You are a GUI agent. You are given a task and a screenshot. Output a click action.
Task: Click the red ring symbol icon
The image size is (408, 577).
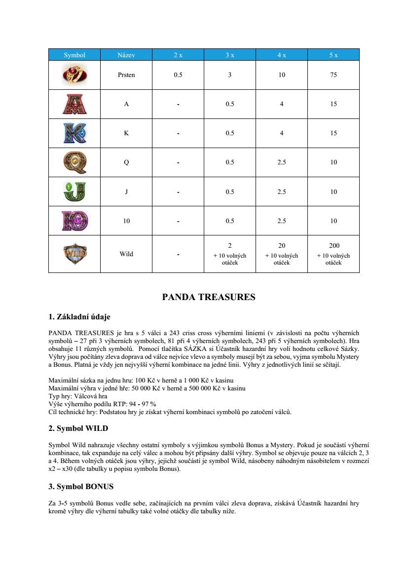point(74,75)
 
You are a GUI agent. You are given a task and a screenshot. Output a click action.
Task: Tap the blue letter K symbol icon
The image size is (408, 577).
point(74,133)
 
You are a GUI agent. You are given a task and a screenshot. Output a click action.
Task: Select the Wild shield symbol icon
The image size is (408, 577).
point(74,254)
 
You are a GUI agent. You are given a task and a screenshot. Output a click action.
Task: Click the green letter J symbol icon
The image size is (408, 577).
point(74,192)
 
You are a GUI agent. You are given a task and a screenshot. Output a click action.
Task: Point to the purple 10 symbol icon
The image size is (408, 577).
point(74,221)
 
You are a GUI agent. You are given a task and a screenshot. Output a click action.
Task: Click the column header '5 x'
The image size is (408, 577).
point(334,55)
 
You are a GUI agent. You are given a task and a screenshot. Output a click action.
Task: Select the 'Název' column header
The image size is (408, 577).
point(126,55)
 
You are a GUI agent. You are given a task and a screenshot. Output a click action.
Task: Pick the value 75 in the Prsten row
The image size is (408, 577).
point(334,75)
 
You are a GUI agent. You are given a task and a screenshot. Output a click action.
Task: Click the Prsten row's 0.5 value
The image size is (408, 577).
point(178,75)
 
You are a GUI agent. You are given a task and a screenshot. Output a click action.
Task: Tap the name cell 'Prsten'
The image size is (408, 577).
point(126,75)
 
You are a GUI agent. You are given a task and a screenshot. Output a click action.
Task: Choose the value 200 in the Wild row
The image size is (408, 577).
point(334,245)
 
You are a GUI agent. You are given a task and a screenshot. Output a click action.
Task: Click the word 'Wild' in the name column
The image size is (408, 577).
point(126,254)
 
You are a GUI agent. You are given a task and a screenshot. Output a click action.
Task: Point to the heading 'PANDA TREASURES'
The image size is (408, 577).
point(209,297)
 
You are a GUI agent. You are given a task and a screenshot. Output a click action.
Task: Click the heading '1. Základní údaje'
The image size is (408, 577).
point(83,316)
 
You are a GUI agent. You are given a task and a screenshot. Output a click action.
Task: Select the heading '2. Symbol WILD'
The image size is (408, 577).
point(78,428)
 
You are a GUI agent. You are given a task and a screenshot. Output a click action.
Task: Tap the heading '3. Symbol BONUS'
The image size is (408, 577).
point(81,486)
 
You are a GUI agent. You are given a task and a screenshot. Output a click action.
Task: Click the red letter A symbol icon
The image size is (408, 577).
point(74,104)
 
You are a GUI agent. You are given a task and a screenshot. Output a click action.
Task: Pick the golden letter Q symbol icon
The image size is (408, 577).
point(74,162)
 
